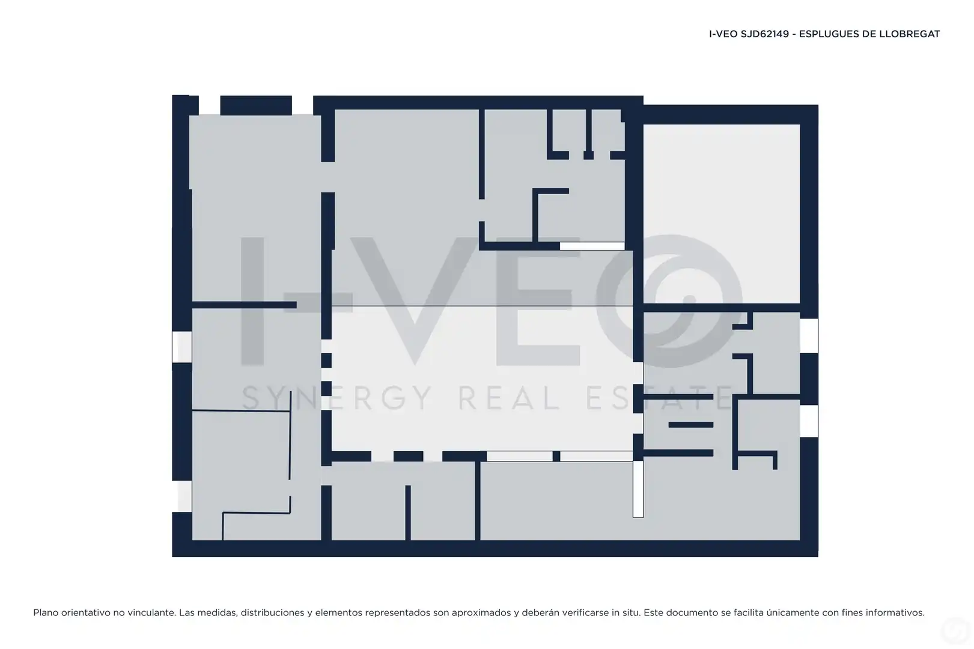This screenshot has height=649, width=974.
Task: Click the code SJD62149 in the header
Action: coord(765,34)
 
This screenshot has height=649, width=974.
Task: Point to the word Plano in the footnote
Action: coord(46,612)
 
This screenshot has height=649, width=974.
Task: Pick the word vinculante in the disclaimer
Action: coord(153,612)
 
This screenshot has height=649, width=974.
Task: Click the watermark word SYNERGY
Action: coord(337,398)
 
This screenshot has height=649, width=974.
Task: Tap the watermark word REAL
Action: coord(509,398)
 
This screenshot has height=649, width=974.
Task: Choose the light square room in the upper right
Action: coord(722,213)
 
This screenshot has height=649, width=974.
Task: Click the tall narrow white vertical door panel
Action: coord(638,489)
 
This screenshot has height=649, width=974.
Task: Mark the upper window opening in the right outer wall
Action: coord(809,336)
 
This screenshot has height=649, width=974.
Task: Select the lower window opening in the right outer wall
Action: coord(809,421)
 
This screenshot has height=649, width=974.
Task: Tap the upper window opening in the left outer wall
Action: coord(181,347)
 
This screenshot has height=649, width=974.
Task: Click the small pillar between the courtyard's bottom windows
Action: coord(556,456)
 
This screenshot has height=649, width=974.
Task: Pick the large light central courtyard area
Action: coord(482,379)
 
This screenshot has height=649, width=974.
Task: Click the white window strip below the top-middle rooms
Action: coord(592,246)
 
